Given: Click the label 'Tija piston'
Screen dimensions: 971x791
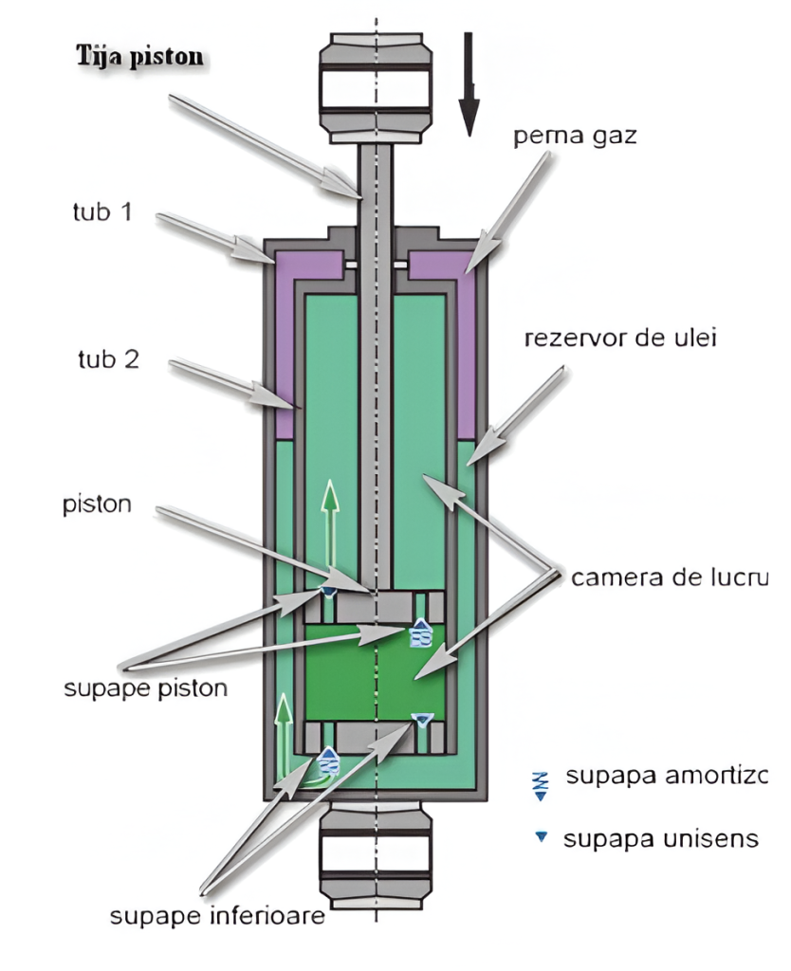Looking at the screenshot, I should pos(139,54).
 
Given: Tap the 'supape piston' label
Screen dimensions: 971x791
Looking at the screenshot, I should pos(146,687).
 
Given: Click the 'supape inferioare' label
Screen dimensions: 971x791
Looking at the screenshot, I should pos(219,917).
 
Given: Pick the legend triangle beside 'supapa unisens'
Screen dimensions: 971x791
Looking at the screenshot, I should pos(543,838).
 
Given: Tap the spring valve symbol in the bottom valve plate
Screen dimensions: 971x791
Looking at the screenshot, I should pos(329,760).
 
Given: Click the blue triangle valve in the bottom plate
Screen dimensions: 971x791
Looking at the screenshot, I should pos(423,723).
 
